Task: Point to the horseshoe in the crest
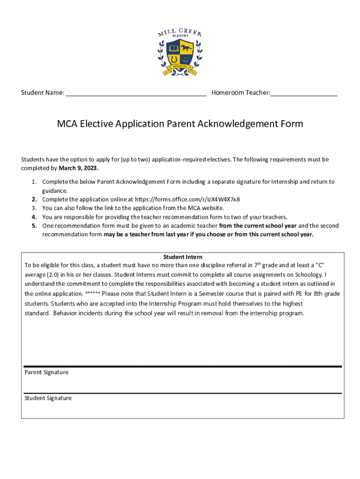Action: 174,59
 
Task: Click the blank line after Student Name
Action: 136,93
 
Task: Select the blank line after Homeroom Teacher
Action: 304,93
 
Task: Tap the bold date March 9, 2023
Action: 79,168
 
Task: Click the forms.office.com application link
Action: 187,199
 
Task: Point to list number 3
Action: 34,208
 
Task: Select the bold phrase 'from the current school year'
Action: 258,225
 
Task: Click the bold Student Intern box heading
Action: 182,257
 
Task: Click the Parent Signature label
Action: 46,372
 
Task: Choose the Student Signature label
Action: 48,398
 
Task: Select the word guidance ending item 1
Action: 55,191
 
